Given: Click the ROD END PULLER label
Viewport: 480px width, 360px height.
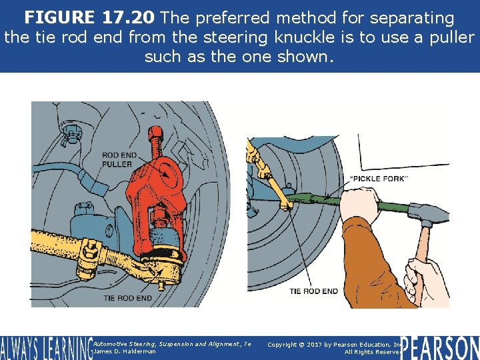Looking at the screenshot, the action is coord(117,160).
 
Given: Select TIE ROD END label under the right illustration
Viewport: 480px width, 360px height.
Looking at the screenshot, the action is coord(313,291).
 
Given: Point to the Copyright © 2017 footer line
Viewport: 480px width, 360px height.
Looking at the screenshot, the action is coord(333,344).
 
